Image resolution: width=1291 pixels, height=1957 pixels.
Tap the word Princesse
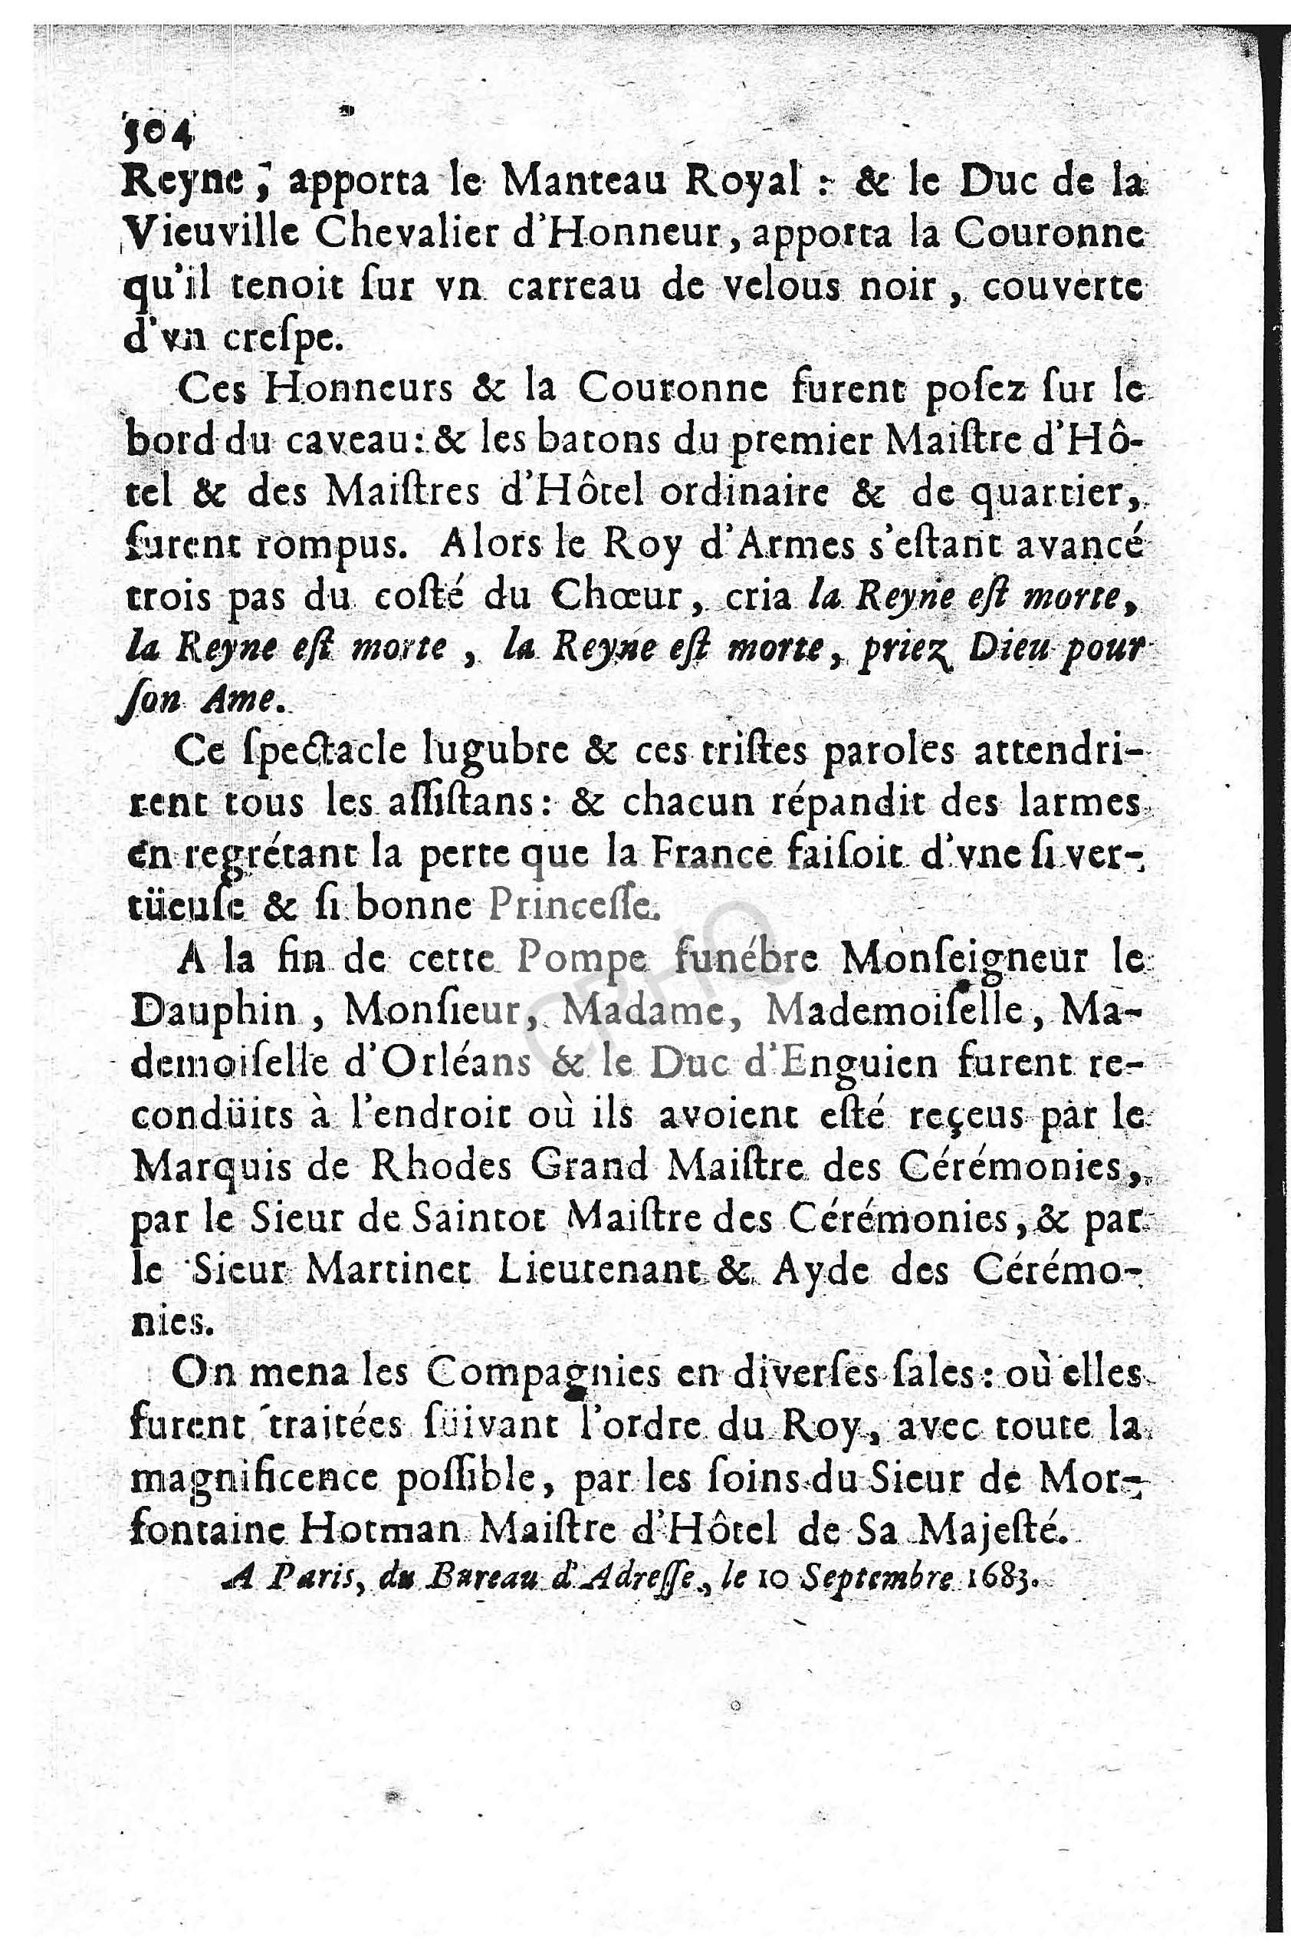pyautogui.click(x=574, y=907)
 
